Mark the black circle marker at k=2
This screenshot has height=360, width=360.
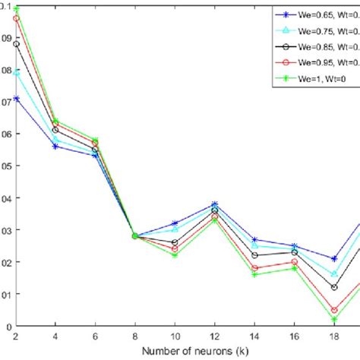point(16,44)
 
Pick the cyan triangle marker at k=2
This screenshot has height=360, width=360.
point(16,72)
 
